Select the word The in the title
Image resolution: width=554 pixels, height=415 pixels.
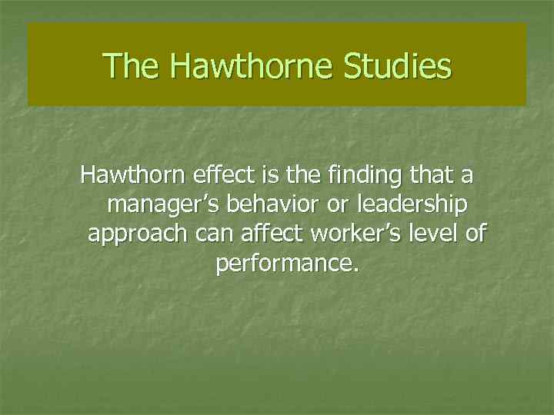click(x=132, y=65)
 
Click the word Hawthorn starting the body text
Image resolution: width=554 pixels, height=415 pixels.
click(x=132, y=176)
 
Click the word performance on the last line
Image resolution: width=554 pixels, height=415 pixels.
click(x=287, y=264)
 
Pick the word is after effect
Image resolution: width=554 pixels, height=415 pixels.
click(x=269, y=176)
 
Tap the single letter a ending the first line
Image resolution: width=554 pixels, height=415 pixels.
click(x=467, y=176)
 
